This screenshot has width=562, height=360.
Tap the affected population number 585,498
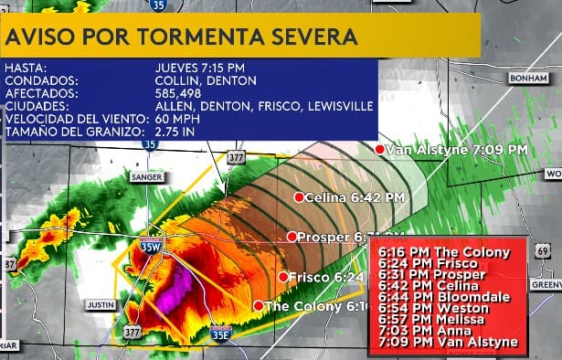[x=183, y=93]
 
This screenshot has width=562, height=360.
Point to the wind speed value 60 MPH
[x=178, y=120]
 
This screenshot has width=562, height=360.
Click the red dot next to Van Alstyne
[x=380, y=149]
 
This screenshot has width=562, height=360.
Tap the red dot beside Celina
[x=298, y=196]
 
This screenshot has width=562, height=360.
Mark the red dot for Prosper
[x=292, y=237]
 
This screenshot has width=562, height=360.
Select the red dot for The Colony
[x=259, y=306]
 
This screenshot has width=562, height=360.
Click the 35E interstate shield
[x=220, y=334]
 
